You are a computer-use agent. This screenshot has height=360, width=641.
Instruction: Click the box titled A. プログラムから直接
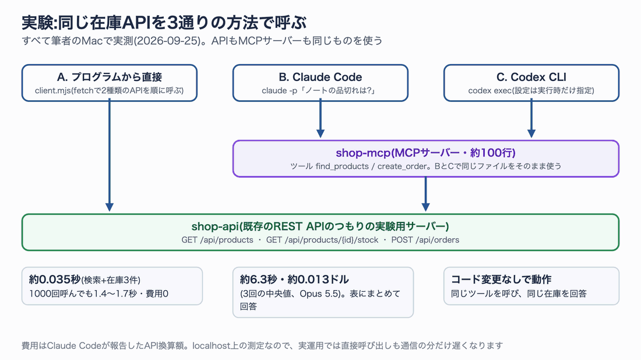pos(110,83)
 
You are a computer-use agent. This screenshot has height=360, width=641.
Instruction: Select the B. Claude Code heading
pos(320,77)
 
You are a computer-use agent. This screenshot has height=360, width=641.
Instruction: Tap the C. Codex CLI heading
pos(531,77)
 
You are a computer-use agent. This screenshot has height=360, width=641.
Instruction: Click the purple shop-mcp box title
pos(425,153)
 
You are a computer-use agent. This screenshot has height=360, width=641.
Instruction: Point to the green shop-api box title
pos(320,227)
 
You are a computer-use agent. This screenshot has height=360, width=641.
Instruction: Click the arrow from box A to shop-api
pos(110,156)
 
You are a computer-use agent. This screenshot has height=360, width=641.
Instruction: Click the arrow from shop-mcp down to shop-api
pos(425,194)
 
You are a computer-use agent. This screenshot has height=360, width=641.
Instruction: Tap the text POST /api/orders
pos(425,240)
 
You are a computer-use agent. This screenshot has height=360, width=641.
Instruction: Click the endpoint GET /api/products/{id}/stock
pos(322,240)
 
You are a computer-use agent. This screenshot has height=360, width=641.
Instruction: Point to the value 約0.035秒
pos(55,280)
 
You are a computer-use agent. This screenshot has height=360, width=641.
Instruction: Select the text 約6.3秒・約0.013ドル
pos(294,280)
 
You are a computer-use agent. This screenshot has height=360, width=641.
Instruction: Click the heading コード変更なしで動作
pos(501,280)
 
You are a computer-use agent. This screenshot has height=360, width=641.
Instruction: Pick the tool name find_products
pos(342,167)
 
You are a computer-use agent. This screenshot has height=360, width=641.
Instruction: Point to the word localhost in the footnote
pos(212,345)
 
